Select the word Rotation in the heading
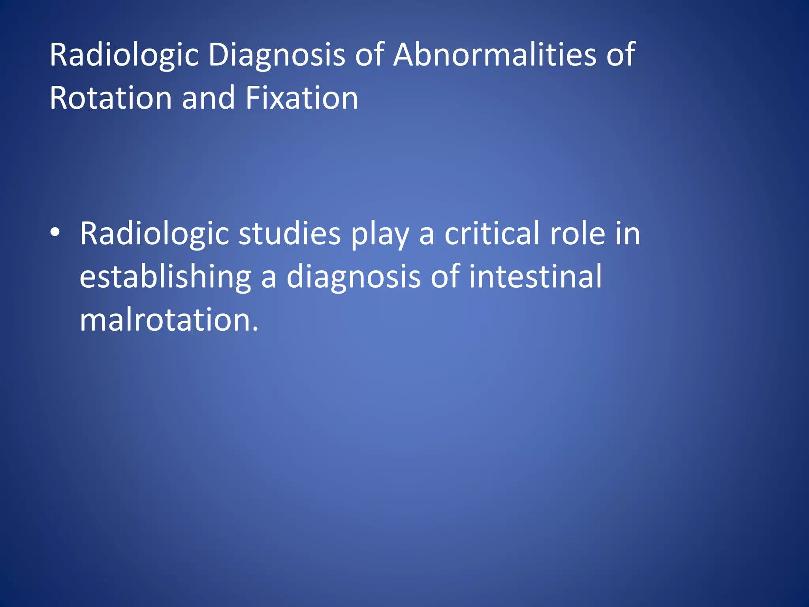click(111, 98)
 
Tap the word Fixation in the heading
click(301, 98)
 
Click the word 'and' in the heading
click(208, 98)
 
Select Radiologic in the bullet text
click(154, 234)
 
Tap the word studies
click(290, 234)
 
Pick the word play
click(380, 235)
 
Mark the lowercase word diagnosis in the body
click(354, 277)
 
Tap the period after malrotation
click(255, 329)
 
